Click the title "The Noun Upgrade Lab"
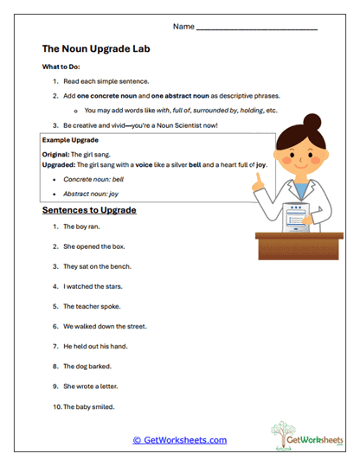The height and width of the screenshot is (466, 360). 96,50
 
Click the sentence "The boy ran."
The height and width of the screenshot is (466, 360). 82,227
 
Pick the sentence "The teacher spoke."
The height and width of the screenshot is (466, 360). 92,306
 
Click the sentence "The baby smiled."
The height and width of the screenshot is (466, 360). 89,405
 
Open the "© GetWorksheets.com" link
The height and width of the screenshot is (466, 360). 179,440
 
